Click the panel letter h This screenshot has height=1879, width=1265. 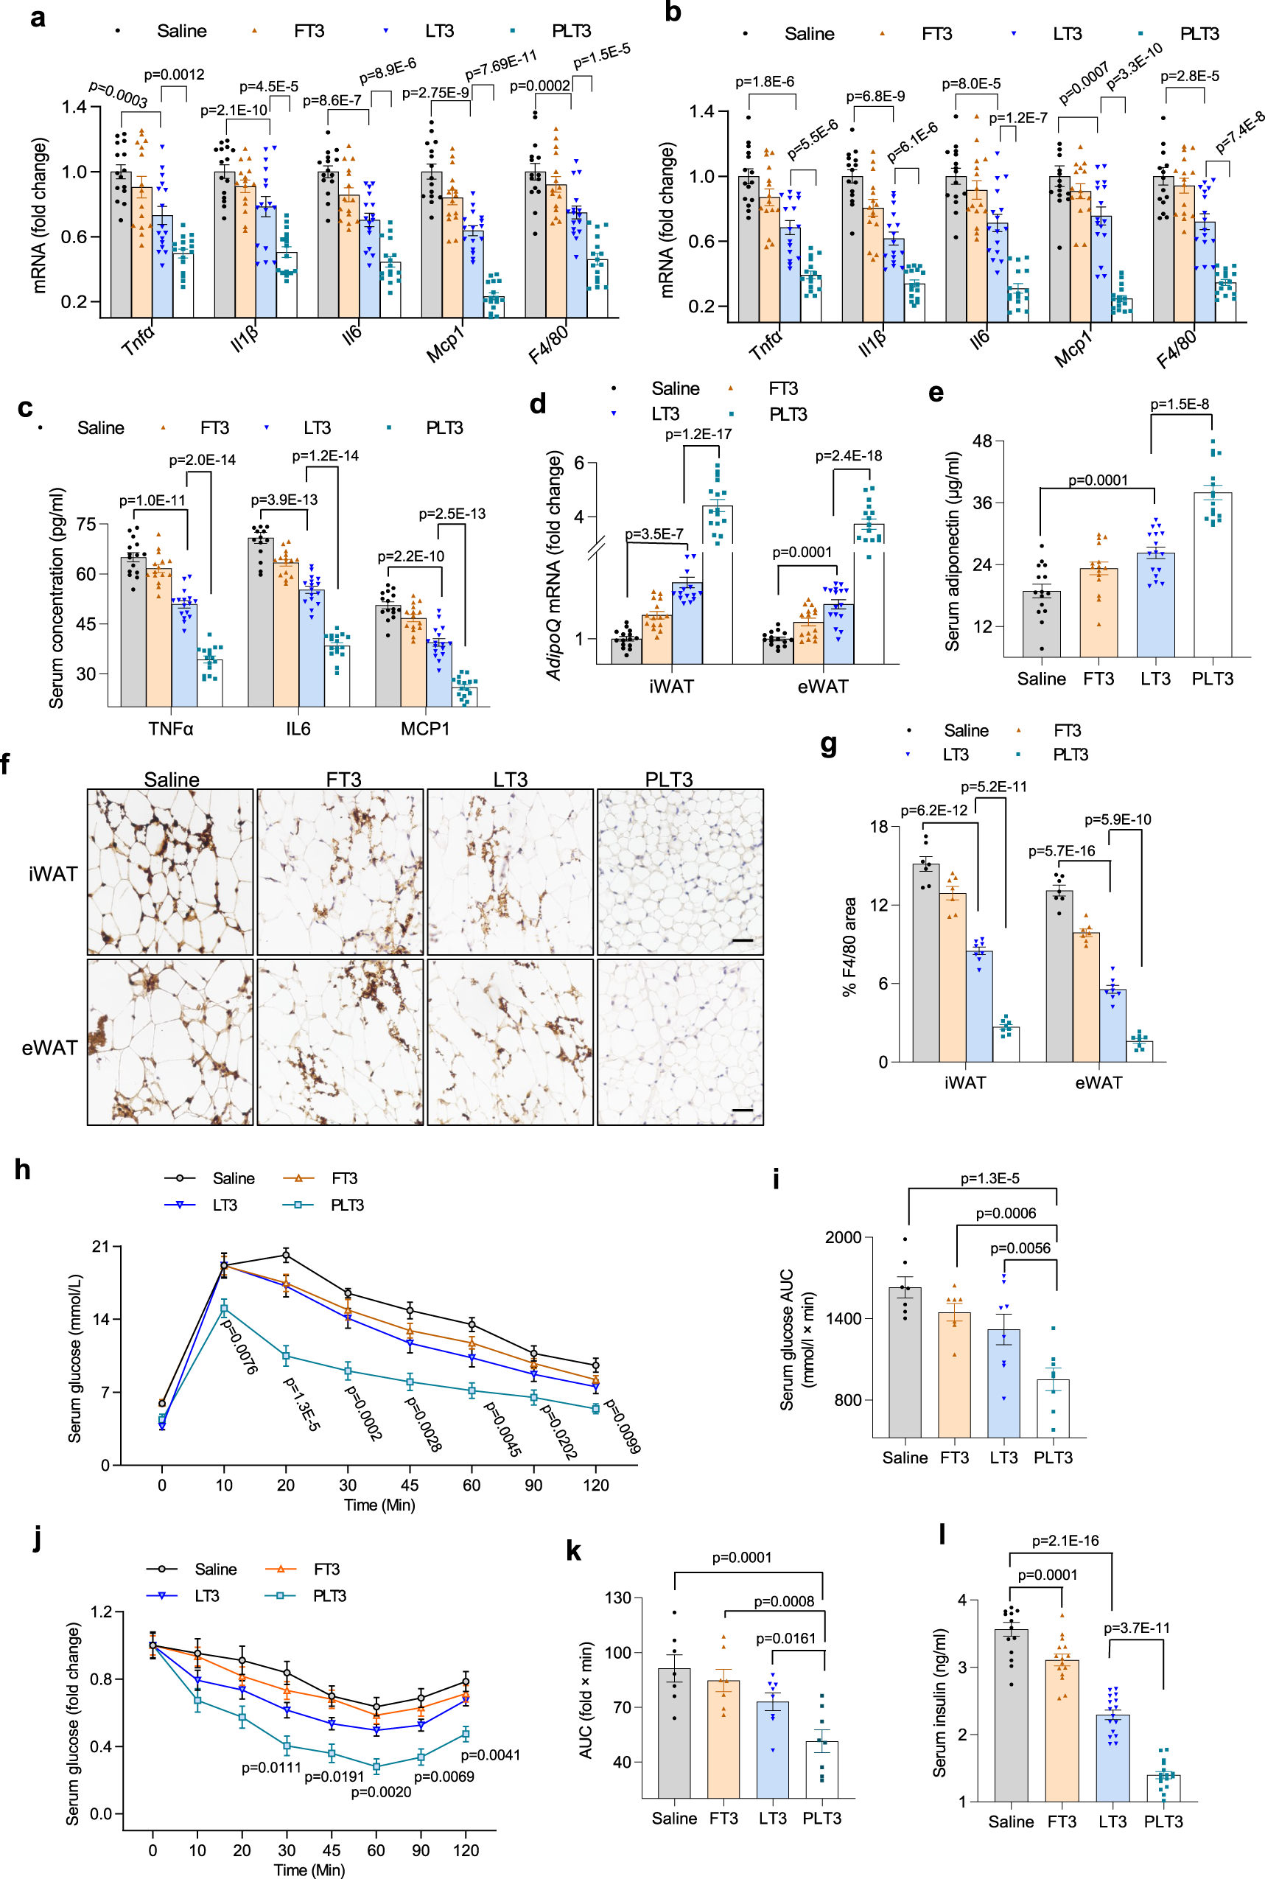pos(22,1170)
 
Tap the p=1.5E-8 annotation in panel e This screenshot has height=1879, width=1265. pos(1179,405)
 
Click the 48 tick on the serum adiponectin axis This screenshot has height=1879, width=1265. pos(982,441)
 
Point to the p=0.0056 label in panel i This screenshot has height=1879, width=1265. pos(1020,1248)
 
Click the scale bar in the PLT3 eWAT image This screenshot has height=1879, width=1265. pos(742,1110)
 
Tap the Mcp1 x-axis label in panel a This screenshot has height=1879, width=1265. pos(445,345)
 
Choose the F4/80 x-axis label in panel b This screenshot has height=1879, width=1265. pos(1177,349)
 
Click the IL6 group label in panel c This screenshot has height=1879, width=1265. pos(298,729)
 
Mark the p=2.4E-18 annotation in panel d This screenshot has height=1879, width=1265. pos(848,456)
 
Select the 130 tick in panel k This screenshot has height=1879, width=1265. pos(618,1598)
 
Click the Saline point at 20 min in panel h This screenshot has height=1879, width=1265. pos(286,1255)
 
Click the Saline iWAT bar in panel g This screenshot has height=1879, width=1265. pos(925,962)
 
